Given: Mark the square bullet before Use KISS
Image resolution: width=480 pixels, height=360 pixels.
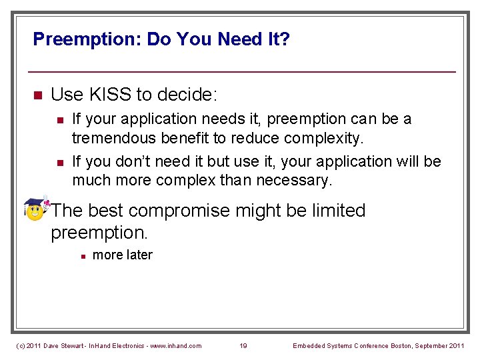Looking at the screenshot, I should click(37, 95).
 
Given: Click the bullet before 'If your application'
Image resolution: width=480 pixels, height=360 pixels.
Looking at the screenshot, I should click(59, 120).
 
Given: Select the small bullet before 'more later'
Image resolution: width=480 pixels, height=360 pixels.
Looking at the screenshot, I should click(81, 256).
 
